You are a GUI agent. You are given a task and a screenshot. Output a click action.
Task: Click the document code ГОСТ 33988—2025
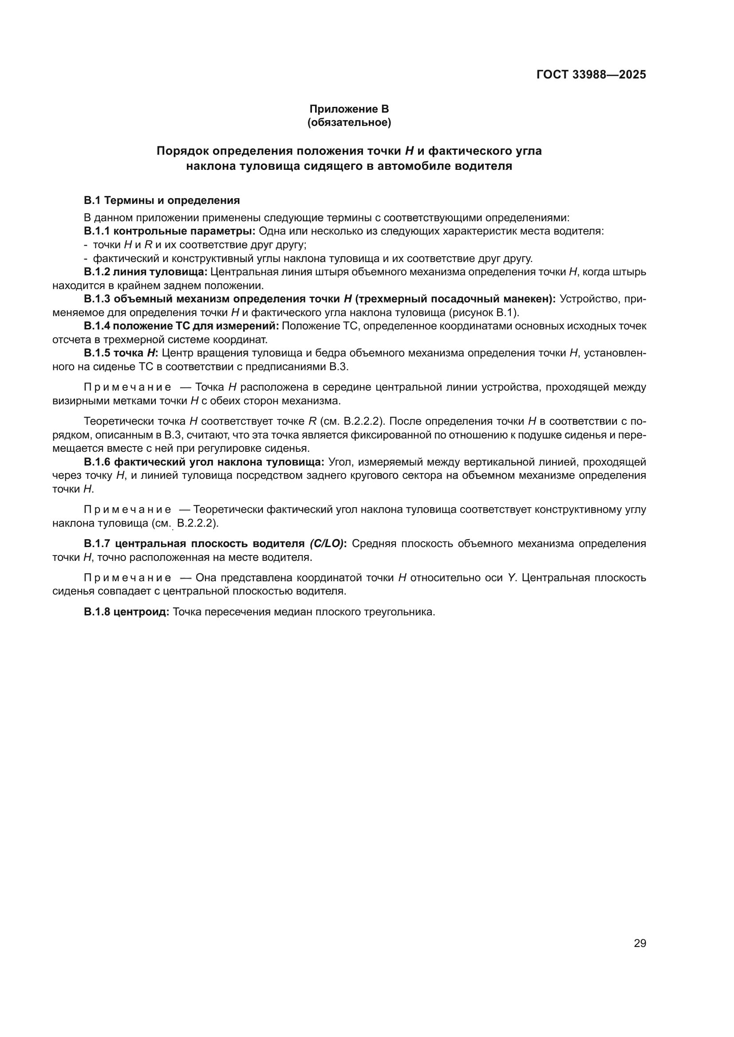click(591, 74)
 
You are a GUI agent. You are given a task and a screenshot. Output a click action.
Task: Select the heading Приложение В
click(349, 109)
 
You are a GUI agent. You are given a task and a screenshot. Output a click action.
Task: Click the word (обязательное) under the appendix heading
click(349, 122)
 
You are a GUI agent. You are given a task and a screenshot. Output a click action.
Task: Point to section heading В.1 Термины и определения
click(162, 200)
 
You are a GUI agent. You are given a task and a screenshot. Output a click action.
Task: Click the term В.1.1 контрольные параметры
click(170, 231)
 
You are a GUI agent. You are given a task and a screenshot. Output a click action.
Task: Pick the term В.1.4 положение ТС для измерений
click(181, 326)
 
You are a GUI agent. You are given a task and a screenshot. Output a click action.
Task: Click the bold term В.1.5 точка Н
click(121, 353)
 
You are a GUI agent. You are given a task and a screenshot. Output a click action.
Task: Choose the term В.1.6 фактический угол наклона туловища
click(204, 462)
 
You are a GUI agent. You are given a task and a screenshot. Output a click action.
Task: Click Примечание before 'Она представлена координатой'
click(127, 578)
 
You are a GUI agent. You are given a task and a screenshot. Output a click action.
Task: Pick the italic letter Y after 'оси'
click(512, 578)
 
